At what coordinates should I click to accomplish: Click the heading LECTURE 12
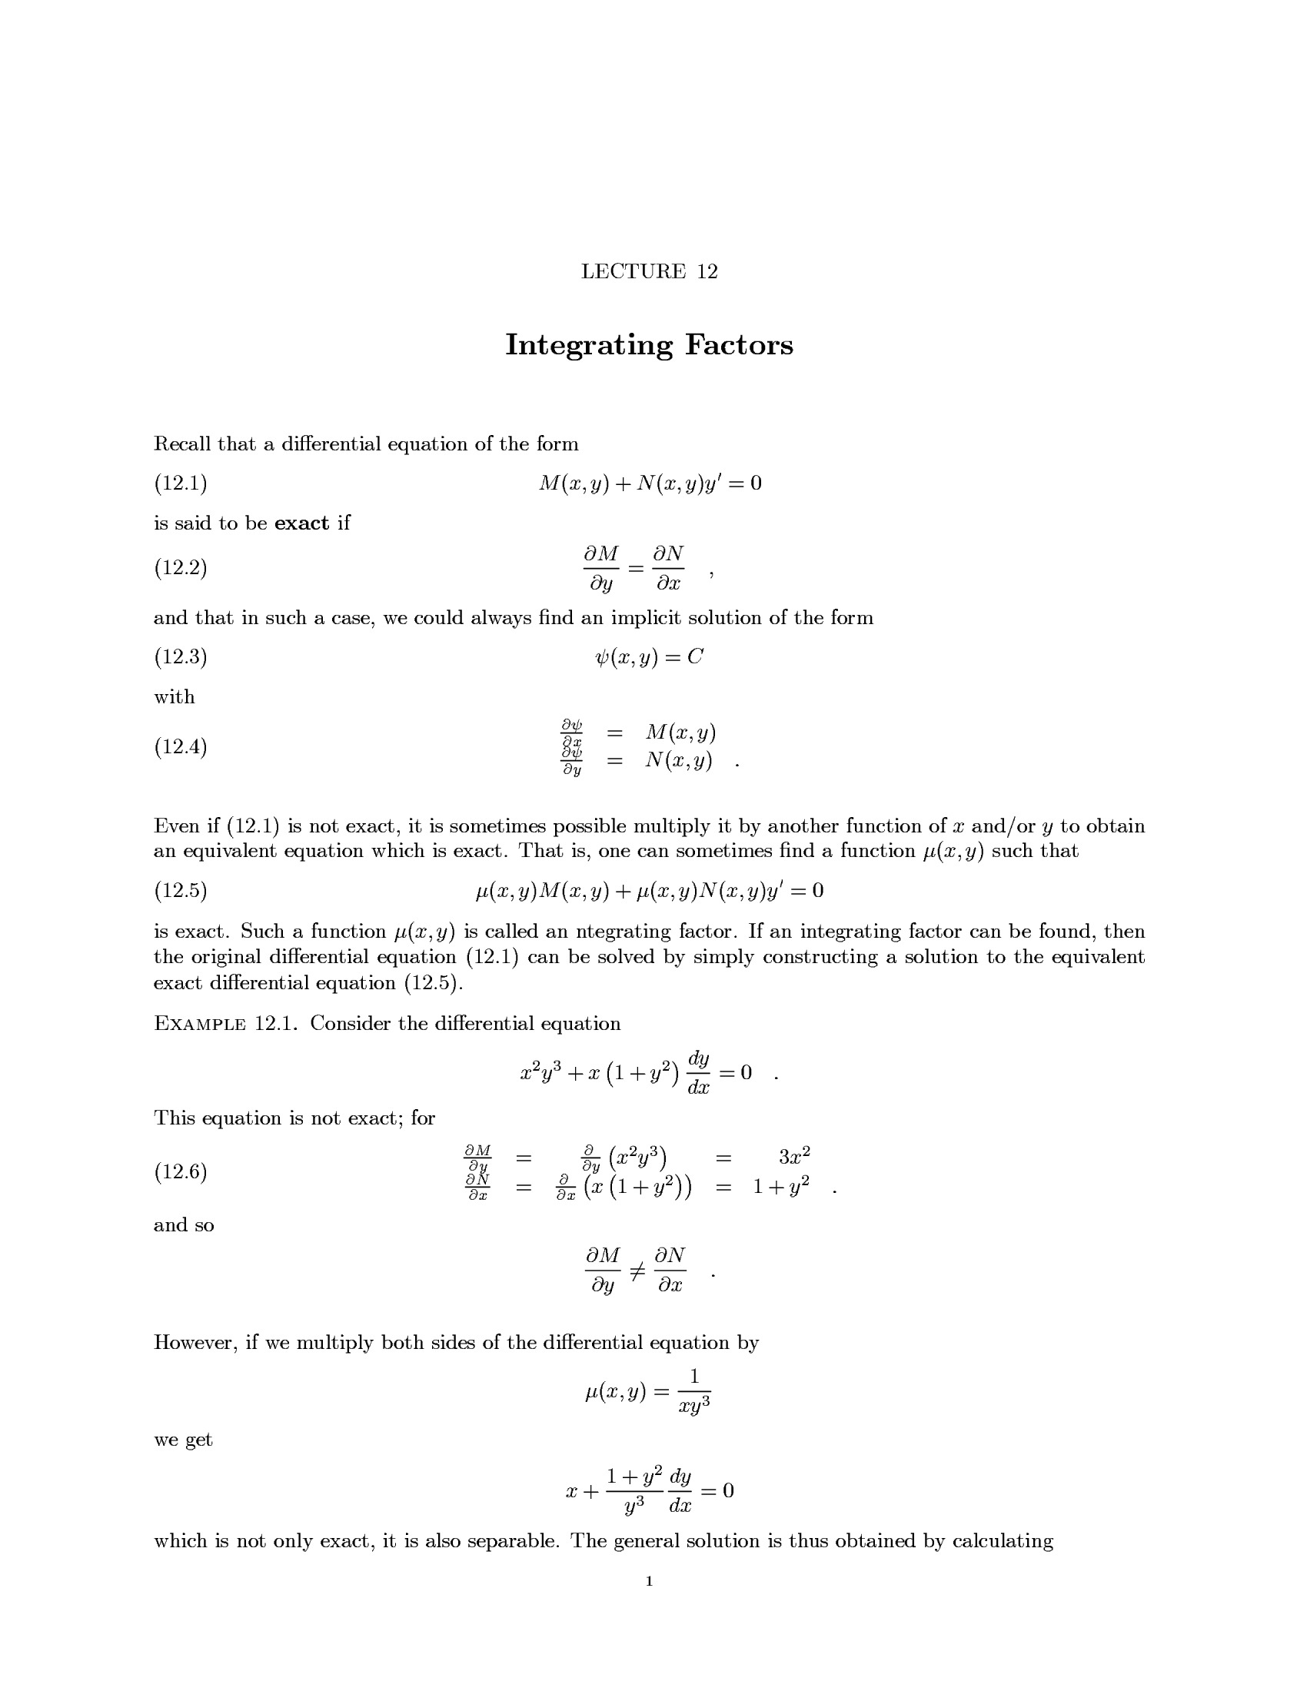click(649, 271)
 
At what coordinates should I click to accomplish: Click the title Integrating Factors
click(649, 344)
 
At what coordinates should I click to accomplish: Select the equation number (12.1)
click(181, 483)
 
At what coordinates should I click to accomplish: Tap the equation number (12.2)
click(181, 567)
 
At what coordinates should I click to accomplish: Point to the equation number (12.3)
click(181, 656)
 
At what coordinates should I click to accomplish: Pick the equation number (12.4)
click(181, 746)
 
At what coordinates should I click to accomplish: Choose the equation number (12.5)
click(181, 890)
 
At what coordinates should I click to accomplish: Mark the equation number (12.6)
click(181, 1171)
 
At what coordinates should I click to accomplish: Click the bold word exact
click(302, 523)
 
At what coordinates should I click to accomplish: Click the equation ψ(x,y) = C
click(649, 657)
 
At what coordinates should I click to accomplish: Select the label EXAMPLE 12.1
click(224, 1024)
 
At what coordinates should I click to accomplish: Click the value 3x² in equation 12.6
click(793, 1157)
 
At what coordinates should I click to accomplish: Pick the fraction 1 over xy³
click(694, 1391)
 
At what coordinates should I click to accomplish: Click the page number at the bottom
click(649, 1581)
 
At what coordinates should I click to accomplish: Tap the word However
click(196, 1342)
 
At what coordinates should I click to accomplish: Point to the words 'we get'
click(183, 1440)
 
